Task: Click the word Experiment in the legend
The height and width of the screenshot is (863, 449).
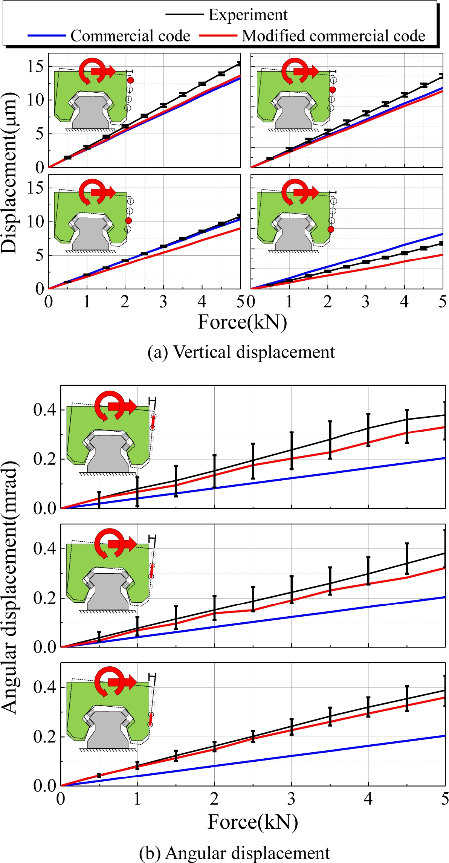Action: point(248,15)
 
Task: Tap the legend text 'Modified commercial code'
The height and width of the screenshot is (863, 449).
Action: point(333,36)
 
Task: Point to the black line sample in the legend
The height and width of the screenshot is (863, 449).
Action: point(184,15)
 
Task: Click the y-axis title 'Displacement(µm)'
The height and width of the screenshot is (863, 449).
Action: point(10,173)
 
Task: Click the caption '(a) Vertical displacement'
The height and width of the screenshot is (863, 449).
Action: point(241,352)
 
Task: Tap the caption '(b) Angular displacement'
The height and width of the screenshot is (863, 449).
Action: point(235,853)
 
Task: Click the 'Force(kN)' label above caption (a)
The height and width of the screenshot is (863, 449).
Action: point(242,322)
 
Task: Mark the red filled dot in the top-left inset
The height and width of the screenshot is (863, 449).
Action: point(131,80)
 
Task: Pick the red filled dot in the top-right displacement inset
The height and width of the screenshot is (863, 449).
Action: point(333,90)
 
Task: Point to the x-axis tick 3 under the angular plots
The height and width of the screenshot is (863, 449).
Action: point(291,798)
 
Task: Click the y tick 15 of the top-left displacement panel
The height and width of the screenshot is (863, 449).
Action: point(35,67)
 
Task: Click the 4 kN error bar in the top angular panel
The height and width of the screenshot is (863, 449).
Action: point(368,430)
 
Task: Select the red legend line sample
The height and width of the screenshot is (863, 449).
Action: point(218,35)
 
